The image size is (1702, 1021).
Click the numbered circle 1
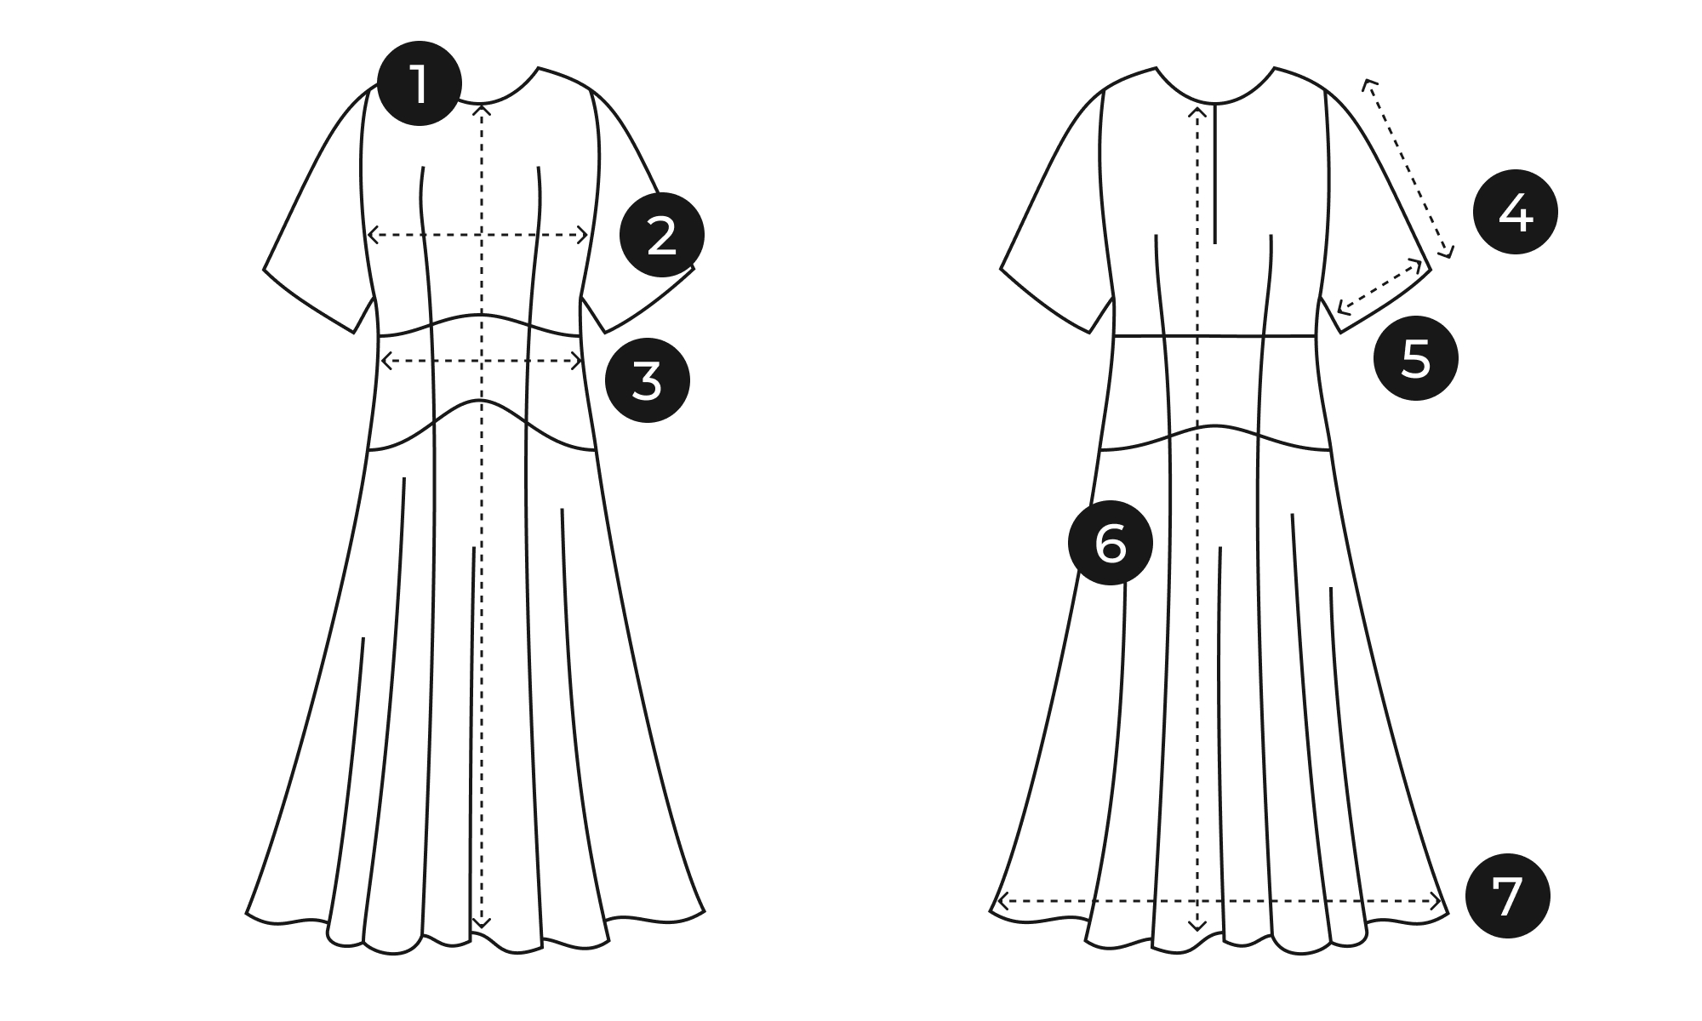point(420,83)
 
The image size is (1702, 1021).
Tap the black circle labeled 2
point(662,235)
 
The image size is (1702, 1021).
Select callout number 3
point(648,379)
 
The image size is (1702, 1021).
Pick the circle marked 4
point(1516,213)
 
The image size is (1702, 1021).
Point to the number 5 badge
point(1416,358)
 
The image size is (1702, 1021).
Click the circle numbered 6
point(1111,542)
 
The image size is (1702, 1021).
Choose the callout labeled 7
point(1508,896)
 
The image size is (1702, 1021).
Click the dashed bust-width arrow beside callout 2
point(477,234)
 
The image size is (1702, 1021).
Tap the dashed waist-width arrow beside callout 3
point(482,361)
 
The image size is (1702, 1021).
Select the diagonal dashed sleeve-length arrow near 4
point(1408,168)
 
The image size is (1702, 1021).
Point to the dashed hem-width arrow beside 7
point(1218,900)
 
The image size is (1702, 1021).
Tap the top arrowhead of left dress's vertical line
point(483,107)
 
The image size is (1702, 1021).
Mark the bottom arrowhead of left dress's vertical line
point(483,923)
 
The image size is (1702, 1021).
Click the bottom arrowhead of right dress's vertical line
point(1197,926)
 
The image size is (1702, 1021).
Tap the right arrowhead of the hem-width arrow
point(1437,900)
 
